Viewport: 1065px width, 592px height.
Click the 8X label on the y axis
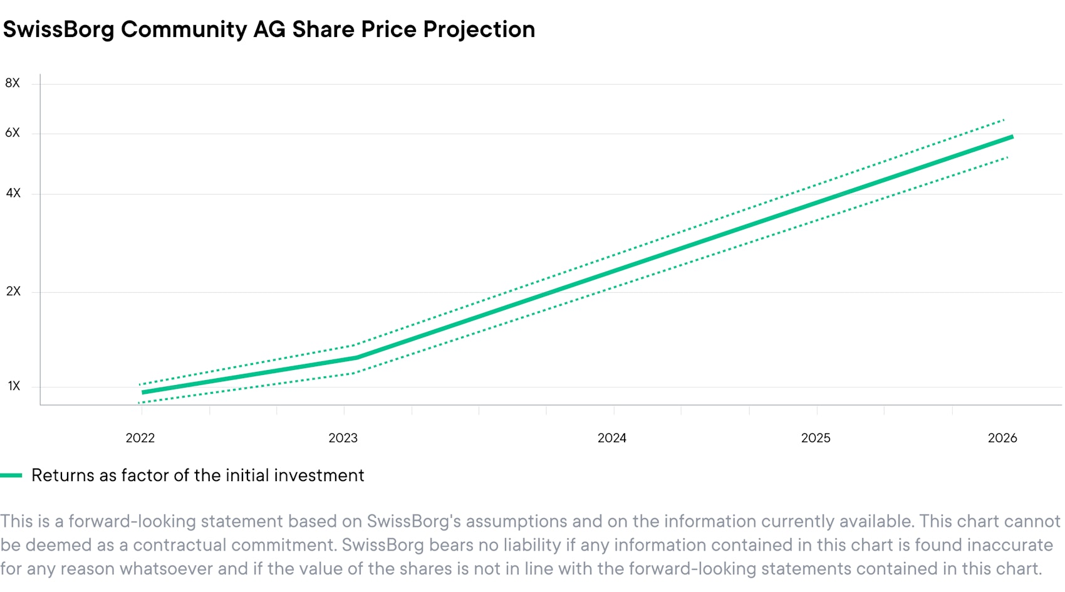(x=13, y=83)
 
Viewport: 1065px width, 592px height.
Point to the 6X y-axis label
(x=13, y=133)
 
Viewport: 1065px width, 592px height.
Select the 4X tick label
(x=13, y=193)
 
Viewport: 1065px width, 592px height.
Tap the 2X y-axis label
(x=13, y=292)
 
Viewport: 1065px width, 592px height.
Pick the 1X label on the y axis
(x=14, y=386)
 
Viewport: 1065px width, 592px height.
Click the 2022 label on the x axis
(x=140, y=438)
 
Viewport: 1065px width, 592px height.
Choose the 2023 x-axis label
(x=343, y=438)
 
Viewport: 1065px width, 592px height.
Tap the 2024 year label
(x=612, y=438)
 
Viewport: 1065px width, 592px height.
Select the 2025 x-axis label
(x=816, y=438)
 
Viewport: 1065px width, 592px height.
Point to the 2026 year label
(x=1002, y=438)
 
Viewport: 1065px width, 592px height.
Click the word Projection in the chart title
(x=479, y=29)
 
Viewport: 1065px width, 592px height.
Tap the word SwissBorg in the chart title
(x=59, y=29)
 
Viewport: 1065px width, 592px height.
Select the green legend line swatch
(x=11, y=475)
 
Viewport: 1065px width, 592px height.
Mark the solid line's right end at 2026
(x=1010, y=137)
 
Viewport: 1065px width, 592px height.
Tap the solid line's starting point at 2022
(x=143, y=393)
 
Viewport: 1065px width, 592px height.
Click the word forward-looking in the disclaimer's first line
(x=129, y=522)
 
